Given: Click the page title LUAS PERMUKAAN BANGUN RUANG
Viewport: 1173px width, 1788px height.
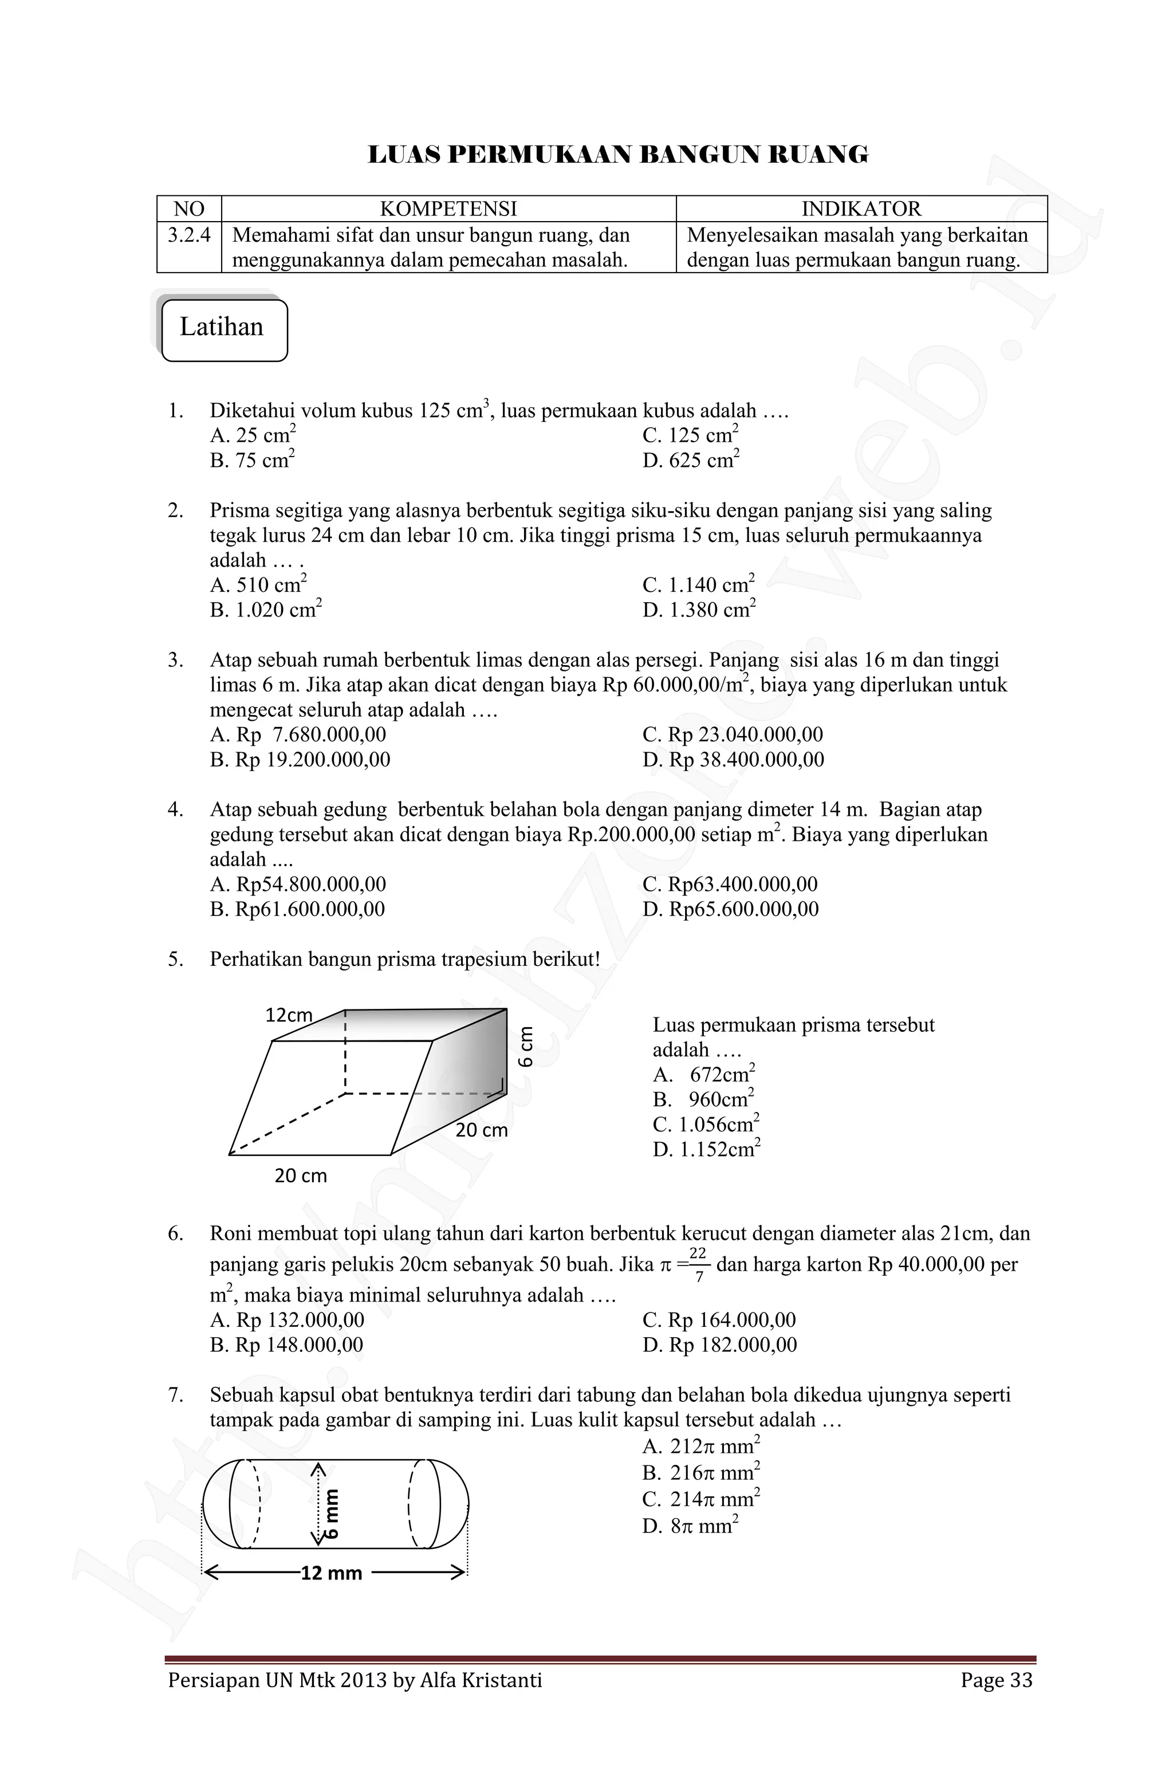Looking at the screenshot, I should coord(617,155).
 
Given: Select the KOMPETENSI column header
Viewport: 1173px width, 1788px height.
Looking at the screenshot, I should coord(448,209).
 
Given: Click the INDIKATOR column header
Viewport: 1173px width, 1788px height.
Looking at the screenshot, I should coord(861,209).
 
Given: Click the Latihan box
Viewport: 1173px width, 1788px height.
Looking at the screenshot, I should coord(224,329).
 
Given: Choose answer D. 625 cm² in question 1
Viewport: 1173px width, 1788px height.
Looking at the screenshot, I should coord(691,461).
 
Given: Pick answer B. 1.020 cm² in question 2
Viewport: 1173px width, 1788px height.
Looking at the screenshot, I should coord(266,610).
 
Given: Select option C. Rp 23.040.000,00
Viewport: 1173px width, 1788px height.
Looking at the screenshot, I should coord(733,734).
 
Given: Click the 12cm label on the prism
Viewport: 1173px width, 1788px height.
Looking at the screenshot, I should coord(288,1016).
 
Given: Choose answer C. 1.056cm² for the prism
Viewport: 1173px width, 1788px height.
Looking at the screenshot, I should coord(706,1125).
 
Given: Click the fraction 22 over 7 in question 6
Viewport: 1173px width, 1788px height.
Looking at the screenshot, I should coord(698,1265).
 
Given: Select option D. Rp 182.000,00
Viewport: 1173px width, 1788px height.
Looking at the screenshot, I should coord(719,1346).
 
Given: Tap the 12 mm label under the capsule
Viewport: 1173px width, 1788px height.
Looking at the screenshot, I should coord(331,1573).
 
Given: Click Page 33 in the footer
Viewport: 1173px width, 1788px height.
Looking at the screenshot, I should coord(996,1680).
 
